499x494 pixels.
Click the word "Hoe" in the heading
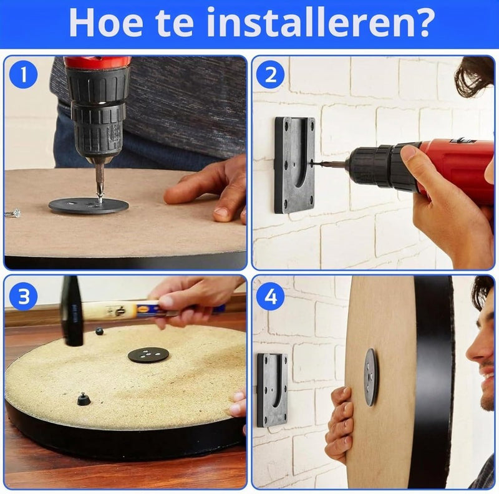tap(105, 23)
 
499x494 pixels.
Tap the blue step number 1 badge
tap(23, 75)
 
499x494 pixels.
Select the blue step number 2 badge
tap(270, 75)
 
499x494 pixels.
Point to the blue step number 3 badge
tap(23, 297)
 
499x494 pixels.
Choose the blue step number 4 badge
tap(270, 297)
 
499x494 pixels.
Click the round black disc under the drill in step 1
tap(89, 206)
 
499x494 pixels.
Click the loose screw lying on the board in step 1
tap(13, 213)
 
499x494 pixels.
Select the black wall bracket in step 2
tap(294, 165)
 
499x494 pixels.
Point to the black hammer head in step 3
tap(72, 311)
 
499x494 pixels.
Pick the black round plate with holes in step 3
tap(148, 354)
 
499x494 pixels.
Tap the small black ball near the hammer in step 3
tap(99, 331)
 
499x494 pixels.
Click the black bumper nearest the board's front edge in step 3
tap(84, 399)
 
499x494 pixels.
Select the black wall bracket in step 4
tap(273, 390)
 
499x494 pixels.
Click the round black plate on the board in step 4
tap(371, 377)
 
